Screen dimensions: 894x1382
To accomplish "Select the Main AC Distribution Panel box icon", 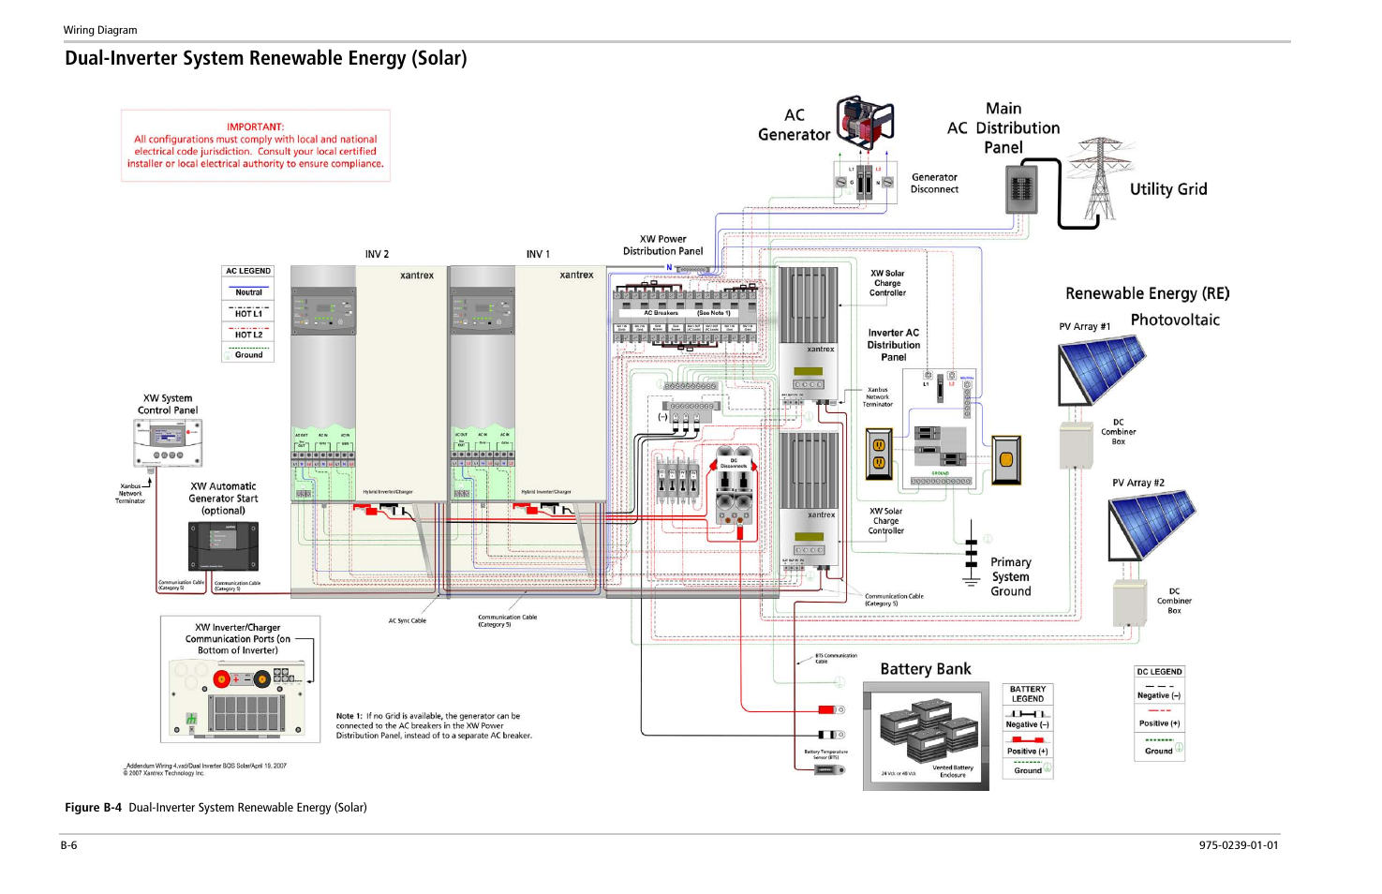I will point(1020,189).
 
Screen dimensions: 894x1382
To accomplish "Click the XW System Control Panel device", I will point(168,442).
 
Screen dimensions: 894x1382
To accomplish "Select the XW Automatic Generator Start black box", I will point(223,545).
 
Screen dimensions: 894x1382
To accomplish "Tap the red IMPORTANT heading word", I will point(255,127).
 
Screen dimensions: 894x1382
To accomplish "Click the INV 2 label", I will point(377,254).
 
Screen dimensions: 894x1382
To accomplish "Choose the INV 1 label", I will point(538,254).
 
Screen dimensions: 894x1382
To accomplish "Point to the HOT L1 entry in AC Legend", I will point(248,313).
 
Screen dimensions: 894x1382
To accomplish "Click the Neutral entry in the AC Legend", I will point(248,292).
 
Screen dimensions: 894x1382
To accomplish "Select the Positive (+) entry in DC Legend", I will point(1159,723).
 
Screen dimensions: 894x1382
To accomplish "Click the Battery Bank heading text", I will point(925,669).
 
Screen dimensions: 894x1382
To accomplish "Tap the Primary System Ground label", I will point(1010,576).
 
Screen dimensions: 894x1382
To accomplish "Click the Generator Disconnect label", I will point(934,183).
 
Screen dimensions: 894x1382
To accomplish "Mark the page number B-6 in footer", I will point(69,845).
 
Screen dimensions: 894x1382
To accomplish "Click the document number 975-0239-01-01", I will point(1238,845).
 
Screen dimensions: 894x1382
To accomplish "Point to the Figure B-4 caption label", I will point(93,808).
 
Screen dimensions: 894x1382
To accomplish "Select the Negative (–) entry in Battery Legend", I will point(1027,724).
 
